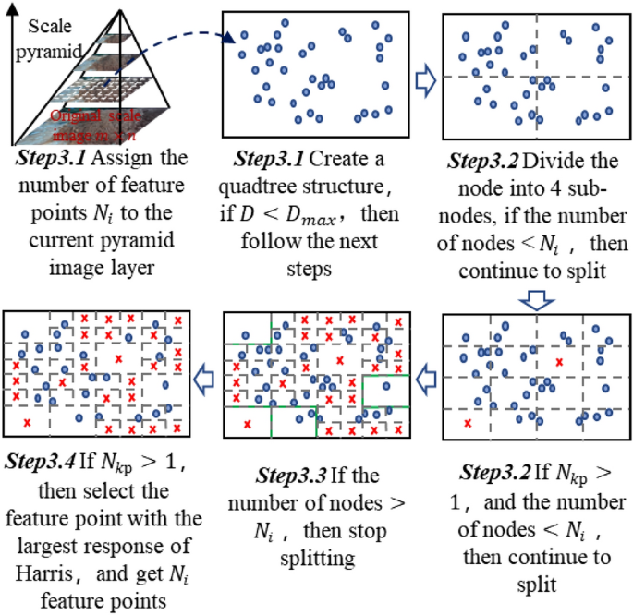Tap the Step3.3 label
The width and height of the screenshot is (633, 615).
click(x=289, y=478)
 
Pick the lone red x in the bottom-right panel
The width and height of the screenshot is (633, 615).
click(x=468, y=423)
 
